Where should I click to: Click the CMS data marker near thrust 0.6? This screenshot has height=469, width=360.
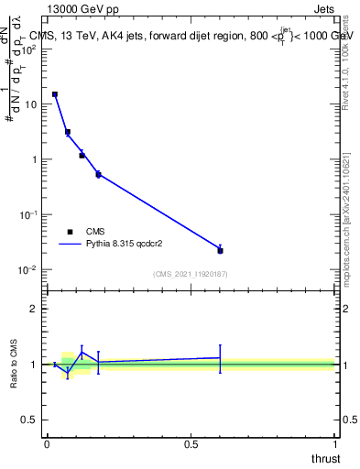coord(220,250)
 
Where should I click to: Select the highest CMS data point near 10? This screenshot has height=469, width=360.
coord(55,94)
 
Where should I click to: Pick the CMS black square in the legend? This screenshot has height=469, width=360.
coord(70,232)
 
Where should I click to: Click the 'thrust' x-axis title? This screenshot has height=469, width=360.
coord(325,459)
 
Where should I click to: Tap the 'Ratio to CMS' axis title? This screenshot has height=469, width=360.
coord(14,364)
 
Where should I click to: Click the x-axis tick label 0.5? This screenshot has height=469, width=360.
coord(191,444)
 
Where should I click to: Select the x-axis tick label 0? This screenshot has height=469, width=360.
coord(46,444)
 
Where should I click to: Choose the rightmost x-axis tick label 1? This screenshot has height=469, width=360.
coord(335,444)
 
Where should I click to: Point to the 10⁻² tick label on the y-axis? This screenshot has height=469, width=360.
coord(27,269)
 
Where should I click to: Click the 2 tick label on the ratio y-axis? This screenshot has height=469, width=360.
coord(35,309)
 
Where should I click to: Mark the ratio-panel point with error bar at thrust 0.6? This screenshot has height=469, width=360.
coord(220,357)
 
